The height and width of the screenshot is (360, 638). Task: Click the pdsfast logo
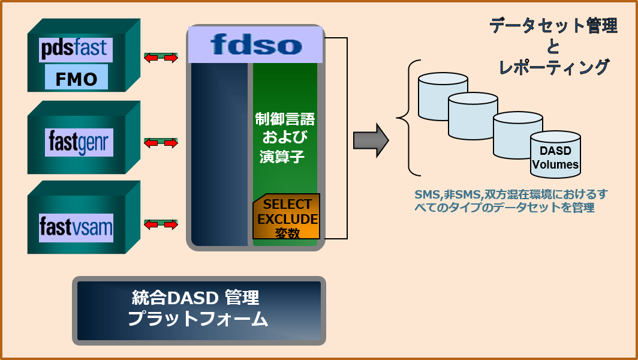click(74, 49)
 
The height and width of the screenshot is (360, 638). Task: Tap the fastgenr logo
click(79, 143)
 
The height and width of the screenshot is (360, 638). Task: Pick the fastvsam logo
click(76, 227)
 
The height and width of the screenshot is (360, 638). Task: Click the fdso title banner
click(257, 44)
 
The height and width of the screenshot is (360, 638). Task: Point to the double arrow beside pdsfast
click(161, 58)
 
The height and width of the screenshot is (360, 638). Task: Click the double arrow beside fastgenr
click(161, 143)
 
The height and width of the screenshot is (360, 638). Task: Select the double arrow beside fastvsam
click(161, 224)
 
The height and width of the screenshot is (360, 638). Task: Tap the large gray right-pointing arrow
click(371, 140)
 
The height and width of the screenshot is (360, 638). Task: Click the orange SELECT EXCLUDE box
click(287, 217)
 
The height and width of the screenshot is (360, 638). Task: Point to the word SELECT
click(288, 204)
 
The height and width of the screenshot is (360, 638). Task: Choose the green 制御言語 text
click(285, 119)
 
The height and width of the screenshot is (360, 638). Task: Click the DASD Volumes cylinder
click(555, 155)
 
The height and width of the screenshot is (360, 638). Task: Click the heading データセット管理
click(553, 26)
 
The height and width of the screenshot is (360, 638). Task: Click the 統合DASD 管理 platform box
click(199, 310)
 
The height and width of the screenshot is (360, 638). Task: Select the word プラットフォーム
click(198, 320)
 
